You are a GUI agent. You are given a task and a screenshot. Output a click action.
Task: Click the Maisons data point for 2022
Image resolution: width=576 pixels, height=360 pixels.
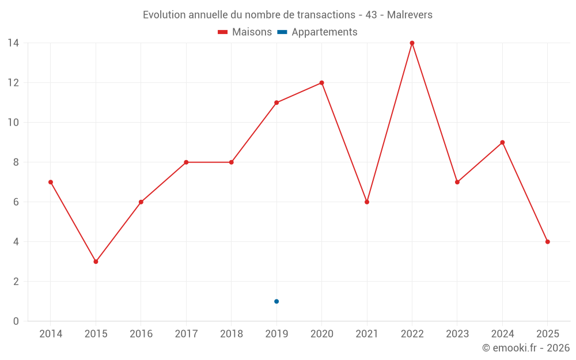point(412,43)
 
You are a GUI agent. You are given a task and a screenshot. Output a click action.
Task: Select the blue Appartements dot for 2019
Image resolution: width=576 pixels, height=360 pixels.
point(276,301)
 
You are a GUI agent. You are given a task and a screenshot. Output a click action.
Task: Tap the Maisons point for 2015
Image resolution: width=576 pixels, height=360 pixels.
point(96,262)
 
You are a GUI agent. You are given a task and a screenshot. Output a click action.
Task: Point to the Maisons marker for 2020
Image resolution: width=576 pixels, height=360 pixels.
point(321,83)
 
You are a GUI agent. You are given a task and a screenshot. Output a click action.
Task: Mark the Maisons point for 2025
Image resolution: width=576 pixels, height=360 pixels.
point(547,242)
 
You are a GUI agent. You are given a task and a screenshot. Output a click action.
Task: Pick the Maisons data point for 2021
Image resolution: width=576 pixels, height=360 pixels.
point(367,202)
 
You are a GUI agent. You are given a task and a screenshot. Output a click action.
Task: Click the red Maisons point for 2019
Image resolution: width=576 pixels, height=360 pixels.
point(276,103)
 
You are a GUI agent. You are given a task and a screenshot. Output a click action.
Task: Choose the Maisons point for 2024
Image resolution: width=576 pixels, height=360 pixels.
point(502,142)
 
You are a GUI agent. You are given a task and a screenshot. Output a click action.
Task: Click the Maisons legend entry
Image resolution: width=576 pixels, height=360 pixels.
point(245,32)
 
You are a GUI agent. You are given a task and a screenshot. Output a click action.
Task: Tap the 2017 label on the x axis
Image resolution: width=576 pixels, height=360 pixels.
point(186,334)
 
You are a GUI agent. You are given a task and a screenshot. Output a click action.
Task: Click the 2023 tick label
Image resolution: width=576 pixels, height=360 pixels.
point(457,334)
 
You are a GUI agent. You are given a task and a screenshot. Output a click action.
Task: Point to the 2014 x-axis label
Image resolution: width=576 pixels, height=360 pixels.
point(51,334)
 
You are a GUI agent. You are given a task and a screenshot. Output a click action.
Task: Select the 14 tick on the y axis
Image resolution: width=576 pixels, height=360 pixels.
point(13,43)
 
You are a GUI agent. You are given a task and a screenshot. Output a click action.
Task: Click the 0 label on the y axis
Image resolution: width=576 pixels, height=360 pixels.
point(16,321)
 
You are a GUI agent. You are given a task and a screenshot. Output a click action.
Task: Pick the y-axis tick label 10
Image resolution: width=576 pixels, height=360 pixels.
point(13,123)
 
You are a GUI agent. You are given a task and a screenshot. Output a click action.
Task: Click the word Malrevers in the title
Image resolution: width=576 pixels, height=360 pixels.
point(410,14)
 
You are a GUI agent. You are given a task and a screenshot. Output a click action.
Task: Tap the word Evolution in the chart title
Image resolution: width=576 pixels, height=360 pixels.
point(164,14)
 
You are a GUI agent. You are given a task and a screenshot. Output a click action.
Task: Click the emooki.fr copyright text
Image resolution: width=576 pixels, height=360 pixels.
point(525,348)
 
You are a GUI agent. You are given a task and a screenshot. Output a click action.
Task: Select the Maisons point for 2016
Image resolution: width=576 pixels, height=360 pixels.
point(141,202)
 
